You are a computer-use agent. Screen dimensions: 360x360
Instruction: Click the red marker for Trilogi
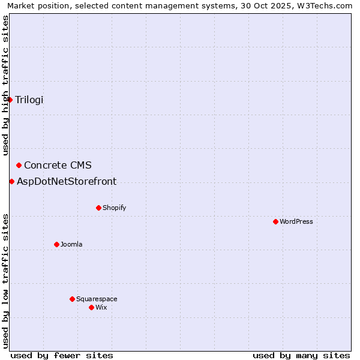point(10,100)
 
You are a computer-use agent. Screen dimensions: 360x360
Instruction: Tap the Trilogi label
point(29,100)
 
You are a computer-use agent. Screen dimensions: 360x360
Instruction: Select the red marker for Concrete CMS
point(19,165)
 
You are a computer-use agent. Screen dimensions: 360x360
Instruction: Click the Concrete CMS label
point(58,165)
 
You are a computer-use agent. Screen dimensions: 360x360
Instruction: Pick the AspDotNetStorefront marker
point(12,181)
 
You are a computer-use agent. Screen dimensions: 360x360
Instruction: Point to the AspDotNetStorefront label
point(67,181)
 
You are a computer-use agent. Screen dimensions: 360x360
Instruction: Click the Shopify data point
point(98,208)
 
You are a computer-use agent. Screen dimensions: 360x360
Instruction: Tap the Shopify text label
point(114,208)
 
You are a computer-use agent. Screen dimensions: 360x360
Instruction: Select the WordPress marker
point(275,221)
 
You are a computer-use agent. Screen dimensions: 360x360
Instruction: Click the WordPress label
point(296,221)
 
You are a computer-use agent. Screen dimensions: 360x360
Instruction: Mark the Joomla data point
point(56,244)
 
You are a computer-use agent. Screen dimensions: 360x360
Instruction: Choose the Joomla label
point(71,244)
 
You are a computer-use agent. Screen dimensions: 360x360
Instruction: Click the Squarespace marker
point(72,299)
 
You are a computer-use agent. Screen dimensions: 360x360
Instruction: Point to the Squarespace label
point(97,299)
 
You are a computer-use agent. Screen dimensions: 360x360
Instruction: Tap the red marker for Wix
point(91,307)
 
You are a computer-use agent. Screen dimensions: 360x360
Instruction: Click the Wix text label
point(101,307)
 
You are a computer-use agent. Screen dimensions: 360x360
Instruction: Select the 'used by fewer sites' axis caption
point(62,355)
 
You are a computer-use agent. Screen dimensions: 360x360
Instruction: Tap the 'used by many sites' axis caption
point(301,355)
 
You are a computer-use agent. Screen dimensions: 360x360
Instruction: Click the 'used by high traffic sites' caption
point(5,86)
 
